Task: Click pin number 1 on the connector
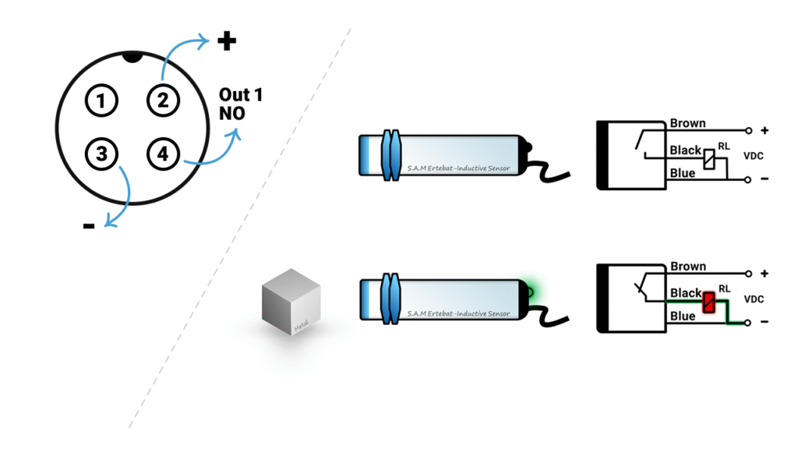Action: (101, 101)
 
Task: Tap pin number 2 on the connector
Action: (161, 101)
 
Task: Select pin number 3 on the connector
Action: (101, 154)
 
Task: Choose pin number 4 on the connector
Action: (161, 154)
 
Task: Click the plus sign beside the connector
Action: (227, 41)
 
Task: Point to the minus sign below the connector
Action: (89, 226)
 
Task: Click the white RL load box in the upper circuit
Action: (708, 159)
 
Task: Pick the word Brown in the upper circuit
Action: (687, 123)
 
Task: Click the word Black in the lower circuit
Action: (686, 293)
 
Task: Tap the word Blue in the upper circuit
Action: (682, 173)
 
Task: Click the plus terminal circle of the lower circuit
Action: (748, 274)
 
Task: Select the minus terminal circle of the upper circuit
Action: (748, 180)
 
